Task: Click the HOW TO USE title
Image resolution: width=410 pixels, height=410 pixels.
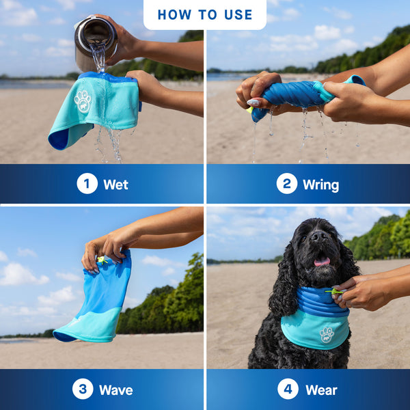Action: pyautogui.click(x=205, y=14)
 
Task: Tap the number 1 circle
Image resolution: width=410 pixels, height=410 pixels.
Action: pyautogui.click(x=87, y=183)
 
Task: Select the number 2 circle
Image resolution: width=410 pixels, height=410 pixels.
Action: pyautogui.click(x=286, y=183)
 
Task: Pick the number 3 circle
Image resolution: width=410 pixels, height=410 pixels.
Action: pyautogui.click(x=83, y=389)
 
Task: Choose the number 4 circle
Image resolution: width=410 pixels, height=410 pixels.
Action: pyautogui.click(x=288, y=389)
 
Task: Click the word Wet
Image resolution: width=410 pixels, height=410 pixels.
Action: pyautogui.click(x=115, y=184)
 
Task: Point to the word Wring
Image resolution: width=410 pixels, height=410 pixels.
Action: pyautogui.click(x=320, y=184)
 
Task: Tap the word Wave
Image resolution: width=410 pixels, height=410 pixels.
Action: pyautogui.click(x=115, y=390)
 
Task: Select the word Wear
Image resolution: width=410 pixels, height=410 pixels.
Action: pyautogui.click(x=321, y=390)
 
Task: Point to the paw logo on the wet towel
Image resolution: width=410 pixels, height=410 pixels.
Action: pyautogui.click(x=83, y=100)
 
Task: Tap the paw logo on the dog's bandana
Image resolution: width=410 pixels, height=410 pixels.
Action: pyautogui.click(x=327, y=334)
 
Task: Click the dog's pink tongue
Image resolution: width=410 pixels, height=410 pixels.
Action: pyautogui.click(x=321, y=261)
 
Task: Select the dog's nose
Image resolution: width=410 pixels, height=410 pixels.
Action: pyautogui.click(x=318, y=237)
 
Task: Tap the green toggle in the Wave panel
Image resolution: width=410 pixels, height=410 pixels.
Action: pyautogui.click(x=102, y=260)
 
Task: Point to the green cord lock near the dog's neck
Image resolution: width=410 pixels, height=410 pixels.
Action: pyautogui.click(x=335, y=292)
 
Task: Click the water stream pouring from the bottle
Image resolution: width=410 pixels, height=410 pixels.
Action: pyautogui.click(x=100, y=61)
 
